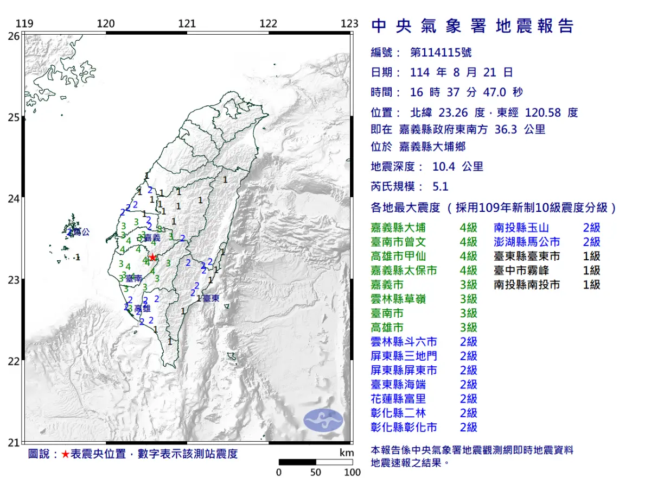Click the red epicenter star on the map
point(153,257)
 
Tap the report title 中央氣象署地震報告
point(472,26)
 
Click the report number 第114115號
point(441,53)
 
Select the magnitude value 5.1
point(441,186)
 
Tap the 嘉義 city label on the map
point(153,238)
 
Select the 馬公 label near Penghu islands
point(81,232)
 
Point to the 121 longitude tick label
point(187,23)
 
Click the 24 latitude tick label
point(14,199)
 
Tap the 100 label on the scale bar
point(352,472)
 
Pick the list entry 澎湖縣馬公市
point(526,242)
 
